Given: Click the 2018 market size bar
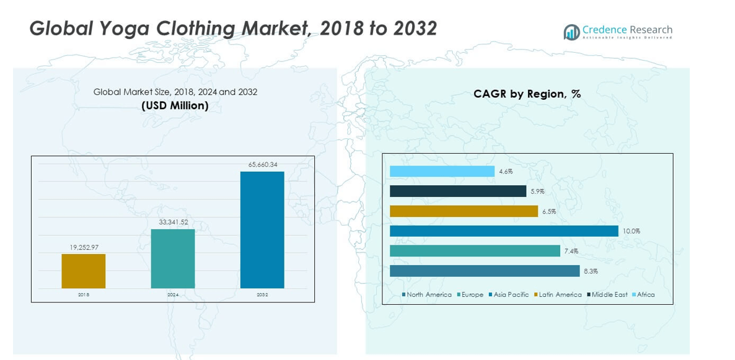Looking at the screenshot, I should (83, 271).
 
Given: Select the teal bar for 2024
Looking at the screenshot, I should (172, 258).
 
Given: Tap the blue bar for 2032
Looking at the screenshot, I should (262, 230).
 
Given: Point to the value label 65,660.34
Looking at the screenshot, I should (263, 165).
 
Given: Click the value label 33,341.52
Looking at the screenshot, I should (173, 222).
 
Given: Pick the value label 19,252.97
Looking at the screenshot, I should (84, 247).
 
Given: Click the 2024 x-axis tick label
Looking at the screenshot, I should (173, 295).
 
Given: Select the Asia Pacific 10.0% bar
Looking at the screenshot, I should (504, 231).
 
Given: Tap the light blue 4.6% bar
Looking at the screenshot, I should (442, 172).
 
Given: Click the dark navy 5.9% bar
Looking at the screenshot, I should (458, 191).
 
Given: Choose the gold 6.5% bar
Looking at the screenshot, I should (464, 211).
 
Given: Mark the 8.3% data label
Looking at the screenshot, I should (590, 271).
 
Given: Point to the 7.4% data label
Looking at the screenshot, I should (571, 251).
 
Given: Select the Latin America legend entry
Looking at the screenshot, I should (560, 295).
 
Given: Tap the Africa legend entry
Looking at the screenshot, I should (645, 295).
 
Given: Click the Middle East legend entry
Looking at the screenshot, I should (609, 295).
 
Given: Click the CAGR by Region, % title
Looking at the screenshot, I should (527, 94).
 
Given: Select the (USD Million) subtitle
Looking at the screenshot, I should (175, 106).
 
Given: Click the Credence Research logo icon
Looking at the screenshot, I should (571, 32).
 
